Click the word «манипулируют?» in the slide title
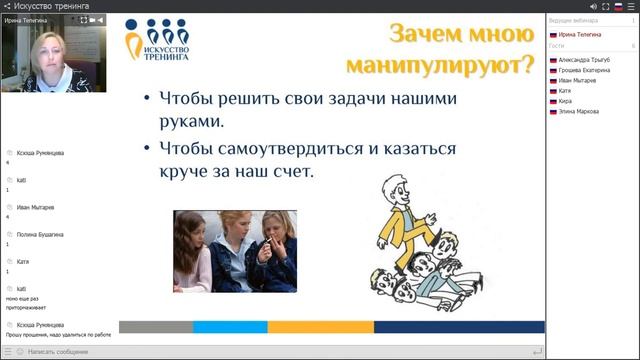[x=439, y=67]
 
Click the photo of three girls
[x=235, y=250]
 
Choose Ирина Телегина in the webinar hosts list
[x=580, y=34]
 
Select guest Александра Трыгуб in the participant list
[x=588, y=59]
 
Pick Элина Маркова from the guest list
[x=579, y=111]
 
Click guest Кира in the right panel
[x=565, y=101]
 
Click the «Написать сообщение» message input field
[x=270, y=352]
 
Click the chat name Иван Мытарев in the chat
[x=36, y=207]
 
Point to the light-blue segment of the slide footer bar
[x=230, y=326]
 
